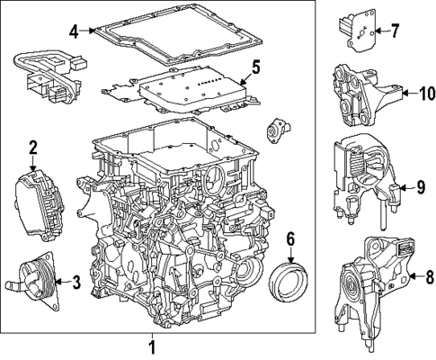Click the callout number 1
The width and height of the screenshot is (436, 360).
click(152, 346)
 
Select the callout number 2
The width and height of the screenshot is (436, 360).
click(33, 147)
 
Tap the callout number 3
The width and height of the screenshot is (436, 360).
click(76, 283)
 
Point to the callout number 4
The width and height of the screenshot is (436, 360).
click(73, 31)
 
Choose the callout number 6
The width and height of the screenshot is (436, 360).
click(290, 238)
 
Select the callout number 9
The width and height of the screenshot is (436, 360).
click(420, 187)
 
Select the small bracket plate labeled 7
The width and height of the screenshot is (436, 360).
click(359, 31)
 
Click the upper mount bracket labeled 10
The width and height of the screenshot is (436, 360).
click(364, 94)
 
